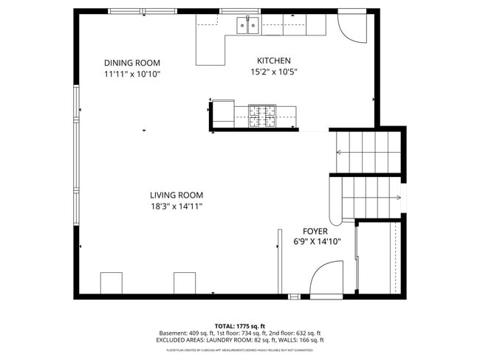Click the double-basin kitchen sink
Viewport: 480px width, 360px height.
pos(247,27)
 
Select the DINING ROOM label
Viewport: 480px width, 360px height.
pos(131,63)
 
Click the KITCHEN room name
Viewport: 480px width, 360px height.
pos(273,61)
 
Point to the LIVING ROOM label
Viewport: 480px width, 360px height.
pos(176,195)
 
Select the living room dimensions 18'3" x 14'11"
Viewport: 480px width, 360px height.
pos(176,207)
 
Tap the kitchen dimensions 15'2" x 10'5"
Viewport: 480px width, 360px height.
pos(273,72)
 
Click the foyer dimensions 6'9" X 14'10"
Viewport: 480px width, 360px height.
pos(317,242)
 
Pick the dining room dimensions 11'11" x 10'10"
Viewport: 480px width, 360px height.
pos(131,75)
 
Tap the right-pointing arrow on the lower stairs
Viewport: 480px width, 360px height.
pos(397,197)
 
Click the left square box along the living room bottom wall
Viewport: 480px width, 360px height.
pos(111,283)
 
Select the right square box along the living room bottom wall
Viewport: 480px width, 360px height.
pos(185,283)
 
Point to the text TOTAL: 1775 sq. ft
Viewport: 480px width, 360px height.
pos(239,325)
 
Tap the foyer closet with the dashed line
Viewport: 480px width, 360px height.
pos(378,258)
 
